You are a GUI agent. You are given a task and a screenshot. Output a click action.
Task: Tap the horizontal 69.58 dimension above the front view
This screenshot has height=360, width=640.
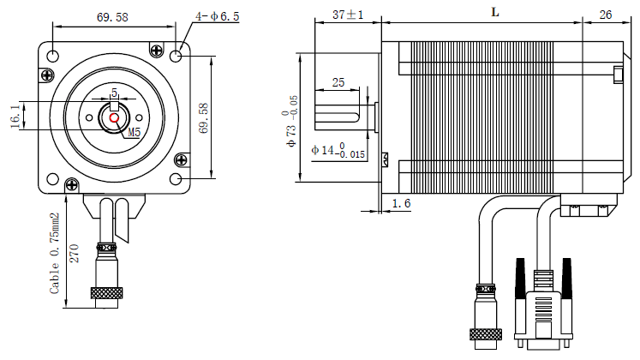(112, 17)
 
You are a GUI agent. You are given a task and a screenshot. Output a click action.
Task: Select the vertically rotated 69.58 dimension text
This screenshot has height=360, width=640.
(203, 117)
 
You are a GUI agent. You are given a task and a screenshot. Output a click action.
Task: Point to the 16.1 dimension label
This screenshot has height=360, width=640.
(15, 117)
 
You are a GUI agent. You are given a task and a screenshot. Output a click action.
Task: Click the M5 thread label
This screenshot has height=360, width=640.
(133, 133)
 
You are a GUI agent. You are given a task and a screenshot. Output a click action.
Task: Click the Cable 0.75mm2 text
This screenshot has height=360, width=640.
(55, 254)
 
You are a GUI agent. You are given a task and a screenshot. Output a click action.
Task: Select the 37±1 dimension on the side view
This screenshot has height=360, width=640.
(348, 15)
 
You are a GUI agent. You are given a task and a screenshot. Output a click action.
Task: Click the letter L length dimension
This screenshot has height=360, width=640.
(495, 12)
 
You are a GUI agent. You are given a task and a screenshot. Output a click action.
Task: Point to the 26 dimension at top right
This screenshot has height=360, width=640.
(605, 15)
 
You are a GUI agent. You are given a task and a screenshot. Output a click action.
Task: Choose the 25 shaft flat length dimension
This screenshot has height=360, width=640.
(338, 82)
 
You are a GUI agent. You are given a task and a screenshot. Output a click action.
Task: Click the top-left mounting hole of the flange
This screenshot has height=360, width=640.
(53, 56)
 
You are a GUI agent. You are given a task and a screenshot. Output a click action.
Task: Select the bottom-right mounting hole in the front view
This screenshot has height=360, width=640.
(176, 179)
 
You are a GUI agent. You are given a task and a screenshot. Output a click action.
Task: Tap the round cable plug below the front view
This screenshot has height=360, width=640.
(107, 274)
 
